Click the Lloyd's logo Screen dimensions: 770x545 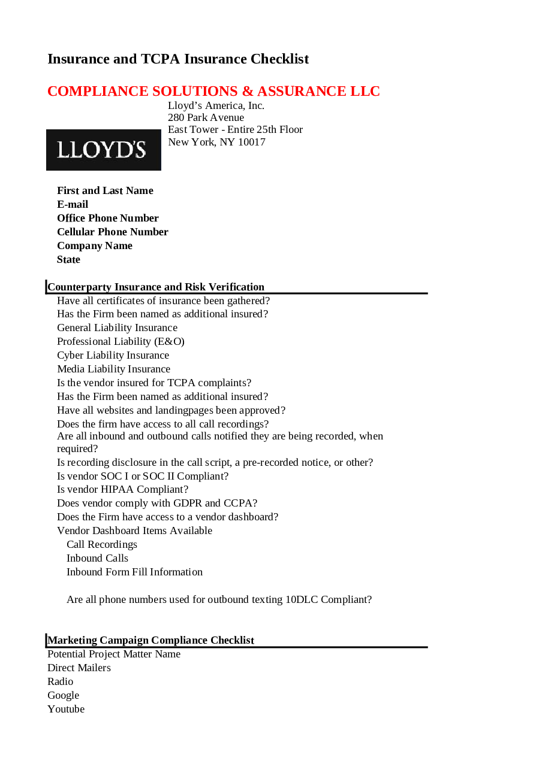[103, 150]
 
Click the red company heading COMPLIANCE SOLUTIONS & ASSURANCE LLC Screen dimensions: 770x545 [213, 92]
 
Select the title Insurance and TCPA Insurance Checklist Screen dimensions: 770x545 [178, 59]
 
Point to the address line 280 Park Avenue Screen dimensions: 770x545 [206, 118]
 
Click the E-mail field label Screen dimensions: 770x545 [73, 205]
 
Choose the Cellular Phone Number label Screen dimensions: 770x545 [113, 232]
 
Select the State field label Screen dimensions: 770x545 [68, 260]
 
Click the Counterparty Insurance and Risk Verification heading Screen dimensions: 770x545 [156, 287]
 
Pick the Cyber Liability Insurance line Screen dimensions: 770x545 [113, 356]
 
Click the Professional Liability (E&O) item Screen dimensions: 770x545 [121, 342]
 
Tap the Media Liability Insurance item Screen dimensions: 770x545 [113, 369]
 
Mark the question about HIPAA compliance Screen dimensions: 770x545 [122, 490]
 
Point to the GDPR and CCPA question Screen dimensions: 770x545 [157, 504]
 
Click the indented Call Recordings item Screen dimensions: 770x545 [102, 545]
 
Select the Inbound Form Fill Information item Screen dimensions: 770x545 [134, 572]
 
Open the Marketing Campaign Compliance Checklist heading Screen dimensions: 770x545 [151, 641]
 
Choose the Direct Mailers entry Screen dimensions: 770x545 [79, 668]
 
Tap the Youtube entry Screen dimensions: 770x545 [66, 710]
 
